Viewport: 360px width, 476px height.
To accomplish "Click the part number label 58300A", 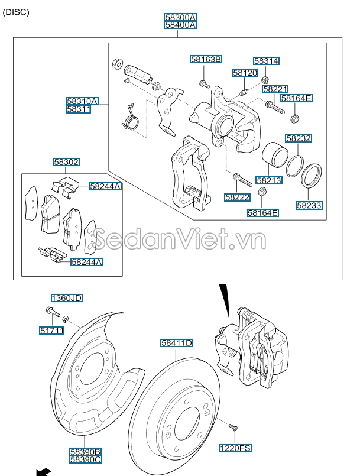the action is pos(181,17).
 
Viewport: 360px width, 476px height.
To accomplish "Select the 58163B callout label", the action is pos(206,59).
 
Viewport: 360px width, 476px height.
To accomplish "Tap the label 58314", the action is pos(266,61).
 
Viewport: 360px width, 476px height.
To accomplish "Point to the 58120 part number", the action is pos(245,73).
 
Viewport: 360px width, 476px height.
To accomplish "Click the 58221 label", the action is pos(275,89).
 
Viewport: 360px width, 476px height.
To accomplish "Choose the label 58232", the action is pos(299,138).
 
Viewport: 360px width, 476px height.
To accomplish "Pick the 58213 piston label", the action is pos(269,180).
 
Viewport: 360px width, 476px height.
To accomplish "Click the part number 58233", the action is pos(309,206).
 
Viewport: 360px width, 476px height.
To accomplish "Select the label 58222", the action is pos(238,197).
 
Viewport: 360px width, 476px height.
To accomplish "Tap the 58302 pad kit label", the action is pos(66,162).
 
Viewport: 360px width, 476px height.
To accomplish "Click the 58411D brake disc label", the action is pos(177,343).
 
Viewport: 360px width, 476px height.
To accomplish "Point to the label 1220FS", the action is pos(235,448).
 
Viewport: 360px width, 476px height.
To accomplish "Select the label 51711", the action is pos(52,331).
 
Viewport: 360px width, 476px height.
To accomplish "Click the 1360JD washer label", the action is pos(66,298).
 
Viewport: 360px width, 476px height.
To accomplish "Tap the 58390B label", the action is pos(86,452).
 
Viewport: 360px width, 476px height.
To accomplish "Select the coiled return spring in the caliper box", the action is pos(130,118).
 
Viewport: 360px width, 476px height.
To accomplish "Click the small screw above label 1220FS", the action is pos(233,428).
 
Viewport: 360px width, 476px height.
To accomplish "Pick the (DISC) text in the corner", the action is pos(16,12).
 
